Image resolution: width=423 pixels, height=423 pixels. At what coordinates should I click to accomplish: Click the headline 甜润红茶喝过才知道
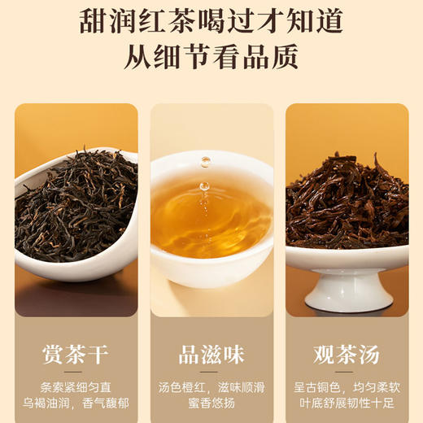211,22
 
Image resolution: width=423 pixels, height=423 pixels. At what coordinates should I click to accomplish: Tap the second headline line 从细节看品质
211,58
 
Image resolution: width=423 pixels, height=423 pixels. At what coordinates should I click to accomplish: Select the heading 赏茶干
76,355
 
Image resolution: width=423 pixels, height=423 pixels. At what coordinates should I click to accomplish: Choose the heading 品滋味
211,355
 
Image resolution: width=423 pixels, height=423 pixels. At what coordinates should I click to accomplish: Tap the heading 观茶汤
347,355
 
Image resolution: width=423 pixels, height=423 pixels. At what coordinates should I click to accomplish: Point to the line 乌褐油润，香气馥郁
76,404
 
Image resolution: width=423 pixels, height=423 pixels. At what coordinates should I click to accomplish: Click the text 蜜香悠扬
211,404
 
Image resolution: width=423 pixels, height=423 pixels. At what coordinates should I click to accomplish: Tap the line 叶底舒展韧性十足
347,404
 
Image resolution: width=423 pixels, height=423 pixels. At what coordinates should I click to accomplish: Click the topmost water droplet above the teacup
206,161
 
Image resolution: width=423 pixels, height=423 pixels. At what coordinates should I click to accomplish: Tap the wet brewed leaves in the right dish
346,203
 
